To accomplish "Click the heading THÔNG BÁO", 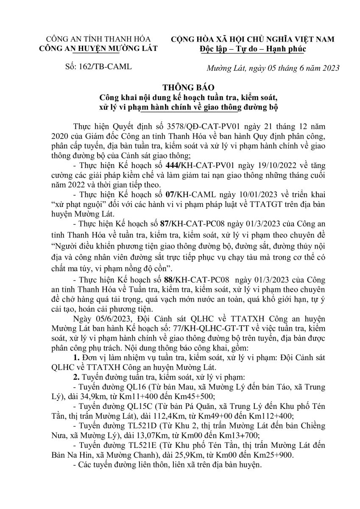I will click(x=179, y=88).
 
